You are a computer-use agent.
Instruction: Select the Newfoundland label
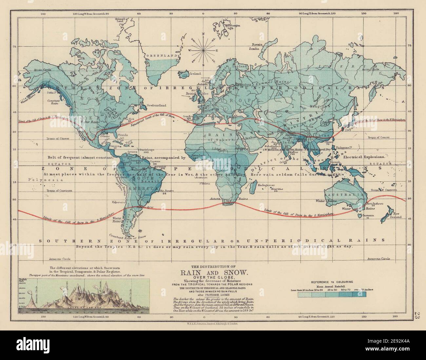pos(157,105)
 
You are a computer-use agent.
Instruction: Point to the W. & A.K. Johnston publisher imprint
pos(213,323)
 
